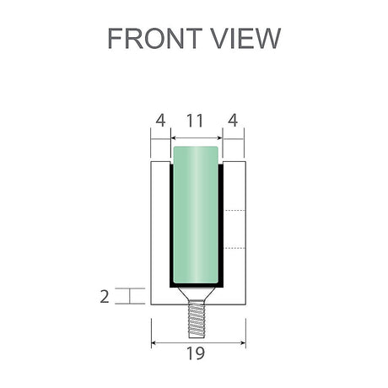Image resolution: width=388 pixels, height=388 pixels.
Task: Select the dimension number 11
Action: click(x=195, y=121)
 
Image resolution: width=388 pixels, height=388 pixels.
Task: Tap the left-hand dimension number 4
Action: click(x=159, y=121)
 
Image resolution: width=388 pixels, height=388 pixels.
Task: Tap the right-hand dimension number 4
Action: click(x=232, y=121)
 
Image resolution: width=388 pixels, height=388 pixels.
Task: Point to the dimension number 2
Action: click(x=104, y=296)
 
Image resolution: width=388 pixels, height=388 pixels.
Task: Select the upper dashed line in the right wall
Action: click(x=234, y=210)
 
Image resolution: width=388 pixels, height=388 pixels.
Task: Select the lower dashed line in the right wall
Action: click(x=234, y=248)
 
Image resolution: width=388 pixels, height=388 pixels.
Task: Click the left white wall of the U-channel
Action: click(x=159, y=228)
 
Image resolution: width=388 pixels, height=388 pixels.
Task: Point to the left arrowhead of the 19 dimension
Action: click(x=154, y=342)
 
